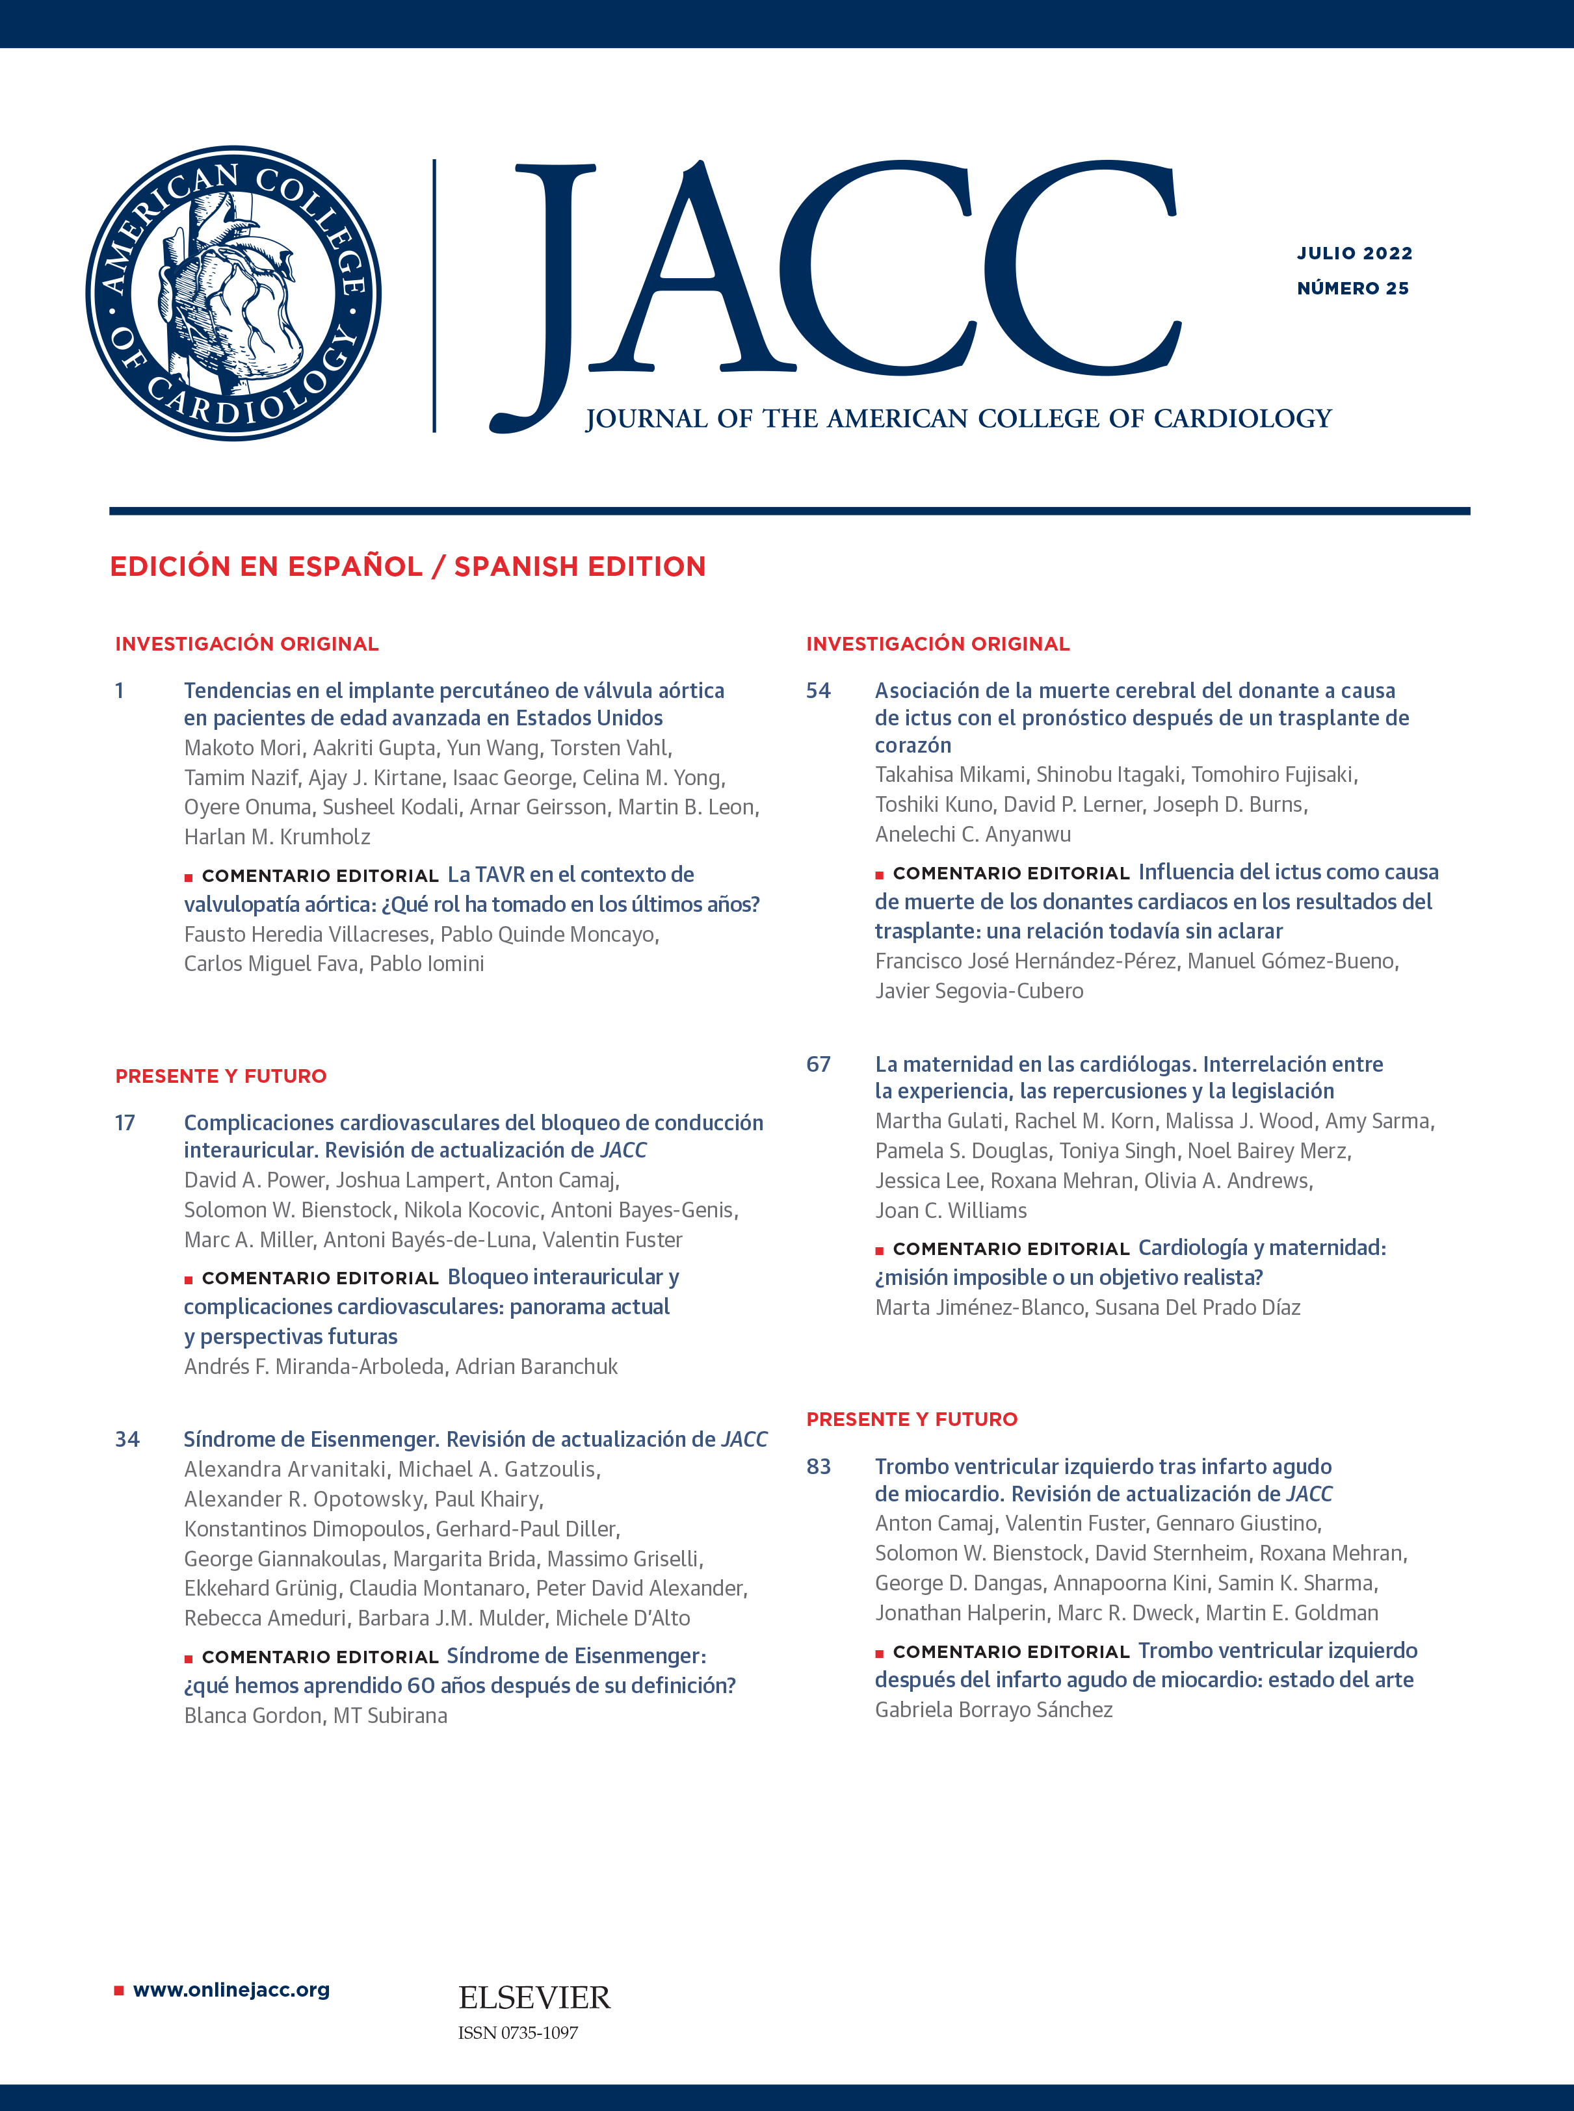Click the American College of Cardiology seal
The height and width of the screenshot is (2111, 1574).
pyautogui.click(x=233, y=292)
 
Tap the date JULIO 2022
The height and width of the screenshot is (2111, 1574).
pyautogui.click(x=1354, y=253)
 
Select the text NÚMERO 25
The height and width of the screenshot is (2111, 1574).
pyautogui.click(x=1352, y=289)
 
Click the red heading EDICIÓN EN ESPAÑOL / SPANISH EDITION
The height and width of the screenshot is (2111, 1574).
pyautogui.click(x=408, y=567)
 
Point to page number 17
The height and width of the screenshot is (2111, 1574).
pyautogui.click(x=125, y=1123)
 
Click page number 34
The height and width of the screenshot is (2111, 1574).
pyautogui.click(x=127, y=1440)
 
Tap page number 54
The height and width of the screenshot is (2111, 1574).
pyautogui.click(x=819, y=691)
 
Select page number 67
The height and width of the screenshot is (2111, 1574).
pyautogui.click(x=819, y=1064)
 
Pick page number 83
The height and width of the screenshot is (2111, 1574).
pyautogui.click(x=819, y=1466)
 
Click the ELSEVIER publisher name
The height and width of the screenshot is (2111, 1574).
pyautogui.click(x=534, y=1998)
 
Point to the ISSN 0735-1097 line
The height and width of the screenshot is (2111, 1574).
pyautogui.click(x=518, y=2033)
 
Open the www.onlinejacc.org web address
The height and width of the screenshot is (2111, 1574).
pyautogui.click(x=231, y=1990)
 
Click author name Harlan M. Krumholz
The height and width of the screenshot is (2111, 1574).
pyautogui.click(x=277, y=837)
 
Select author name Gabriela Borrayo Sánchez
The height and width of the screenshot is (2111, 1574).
pyautogui.click(x=994, y=1710)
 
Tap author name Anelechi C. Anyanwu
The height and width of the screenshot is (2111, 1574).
pyautogui.click(x=973, y=835)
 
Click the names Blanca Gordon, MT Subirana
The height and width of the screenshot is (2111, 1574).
pyautogui.click(x=315, y=1716)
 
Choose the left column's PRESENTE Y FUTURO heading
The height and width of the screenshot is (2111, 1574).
pyautogui.click(x=221, y=1076)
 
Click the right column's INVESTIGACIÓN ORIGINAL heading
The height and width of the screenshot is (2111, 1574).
pyautogui.click(x=938, y=644)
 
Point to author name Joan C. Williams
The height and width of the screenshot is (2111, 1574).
pyautogui.click(x=951, y=1211)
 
